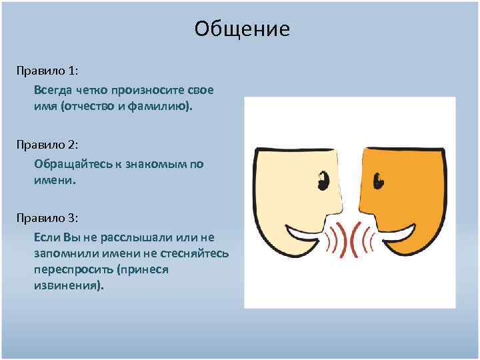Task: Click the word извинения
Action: pos(69,286)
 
